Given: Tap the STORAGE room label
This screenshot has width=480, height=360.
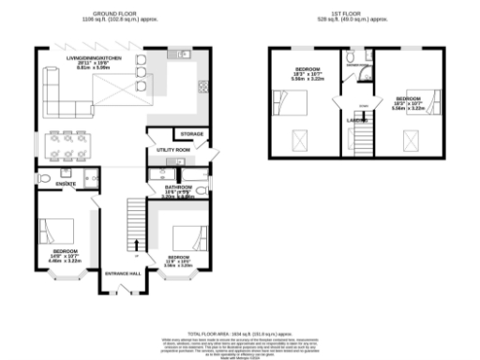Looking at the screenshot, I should [x=191, y=134].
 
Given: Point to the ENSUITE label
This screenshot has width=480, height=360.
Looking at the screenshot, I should [x=65, y=184].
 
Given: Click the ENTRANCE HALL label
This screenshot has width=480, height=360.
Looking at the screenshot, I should [x=123, y=272].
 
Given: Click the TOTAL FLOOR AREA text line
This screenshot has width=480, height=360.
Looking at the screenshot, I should [x=240, y=334].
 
